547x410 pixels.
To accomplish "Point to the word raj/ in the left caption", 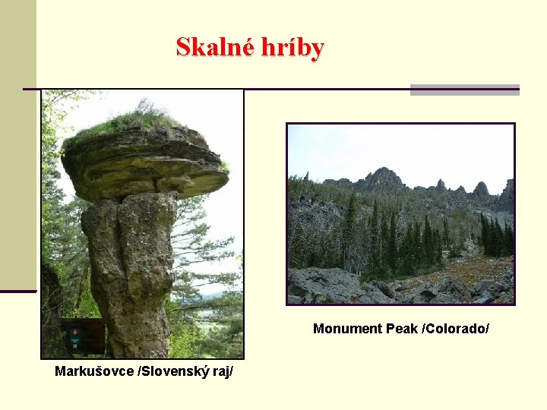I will point(219,371).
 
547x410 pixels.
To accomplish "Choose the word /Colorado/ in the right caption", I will point(455,329).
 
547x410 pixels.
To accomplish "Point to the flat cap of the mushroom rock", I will point(144,163).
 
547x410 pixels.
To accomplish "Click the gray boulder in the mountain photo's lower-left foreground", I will point(319,284).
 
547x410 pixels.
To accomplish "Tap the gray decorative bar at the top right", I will point(464,90).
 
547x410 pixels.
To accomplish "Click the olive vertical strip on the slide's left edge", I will point(17,144).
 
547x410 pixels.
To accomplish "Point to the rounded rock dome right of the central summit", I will point(479,188).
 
